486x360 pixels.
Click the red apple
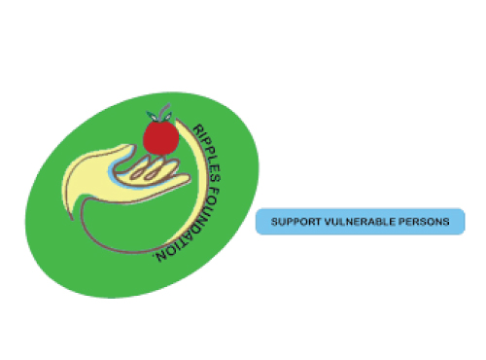click(x=161, y=137)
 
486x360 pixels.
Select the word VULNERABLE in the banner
click(x=360, y=222)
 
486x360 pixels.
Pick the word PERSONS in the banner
click(x=424, y=222)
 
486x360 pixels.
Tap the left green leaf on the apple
click(x=152, y=116)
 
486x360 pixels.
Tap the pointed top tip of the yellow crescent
click(x=177, y=120)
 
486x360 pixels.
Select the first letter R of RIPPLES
click(x=198, y=128)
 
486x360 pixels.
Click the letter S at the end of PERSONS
click(x=446, y=222)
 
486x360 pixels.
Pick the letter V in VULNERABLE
click(x=328, y=222)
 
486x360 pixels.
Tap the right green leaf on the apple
click(x=169, y=116)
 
